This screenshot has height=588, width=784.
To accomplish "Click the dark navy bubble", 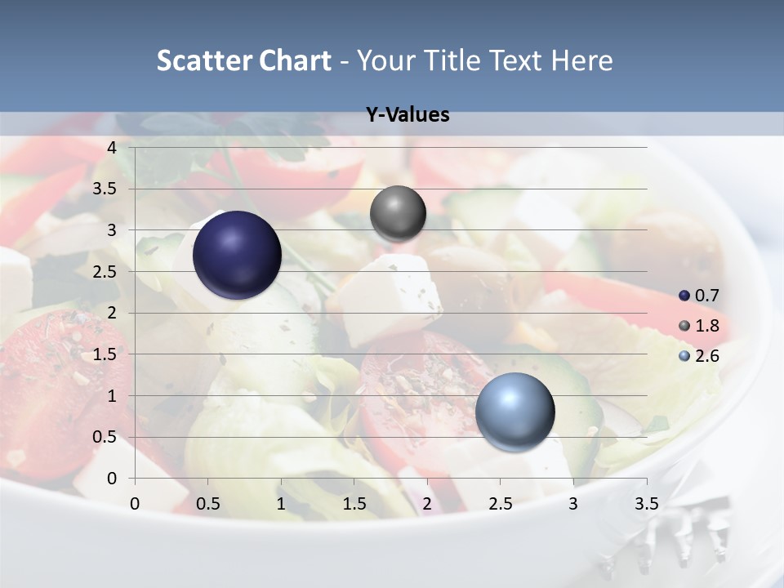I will point(237,255).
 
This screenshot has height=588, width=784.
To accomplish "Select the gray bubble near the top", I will point(398,213).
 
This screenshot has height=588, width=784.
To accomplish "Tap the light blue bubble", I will point(514,412).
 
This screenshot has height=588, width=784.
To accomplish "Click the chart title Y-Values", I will point(408,115).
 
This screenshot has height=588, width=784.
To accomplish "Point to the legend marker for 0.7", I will point(684,296).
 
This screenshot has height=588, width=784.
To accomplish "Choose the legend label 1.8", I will point(706,326).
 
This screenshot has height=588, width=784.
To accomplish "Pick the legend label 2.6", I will point(706,356).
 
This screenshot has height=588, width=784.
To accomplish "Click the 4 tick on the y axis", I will point(113,148).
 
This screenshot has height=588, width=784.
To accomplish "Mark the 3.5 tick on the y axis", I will point(106,189).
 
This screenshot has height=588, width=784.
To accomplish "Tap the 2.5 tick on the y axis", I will point(106,272).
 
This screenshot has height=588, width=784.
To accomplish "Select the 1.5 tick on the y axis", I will point(106,354).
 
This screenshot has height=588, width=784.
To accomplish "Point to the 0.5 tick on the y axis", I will point(106,437).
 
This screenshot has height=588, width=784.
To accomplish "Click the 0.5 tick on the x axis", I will point(208,504).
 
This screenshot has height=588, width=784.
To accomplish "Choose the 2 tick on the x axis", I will point(427,504).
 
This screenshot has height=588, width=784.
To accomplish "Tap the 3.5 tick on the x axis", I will point(646,504).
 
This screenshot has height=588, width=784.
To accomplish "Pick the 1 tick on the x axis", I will point(281,504).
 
